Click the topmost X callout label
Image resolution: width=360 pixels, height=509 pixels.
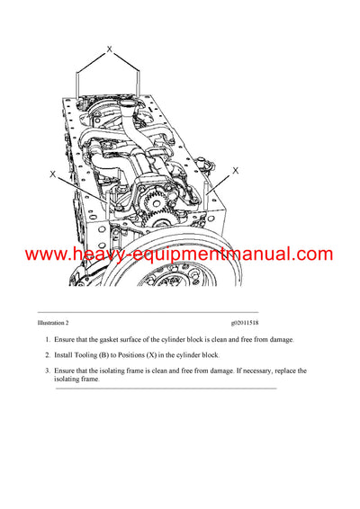pyautogui.click(x=109, y=50)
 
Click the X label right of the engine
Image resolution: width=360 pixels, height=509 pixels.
pyautogui.click(x=236, y=169)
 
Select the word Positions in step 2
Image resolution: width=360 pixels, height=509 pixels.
pyautogui.click(x=148, y=355)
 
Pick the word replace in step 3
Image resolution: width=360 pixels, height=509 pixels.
pyautogui.click(x=278, y=371)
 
